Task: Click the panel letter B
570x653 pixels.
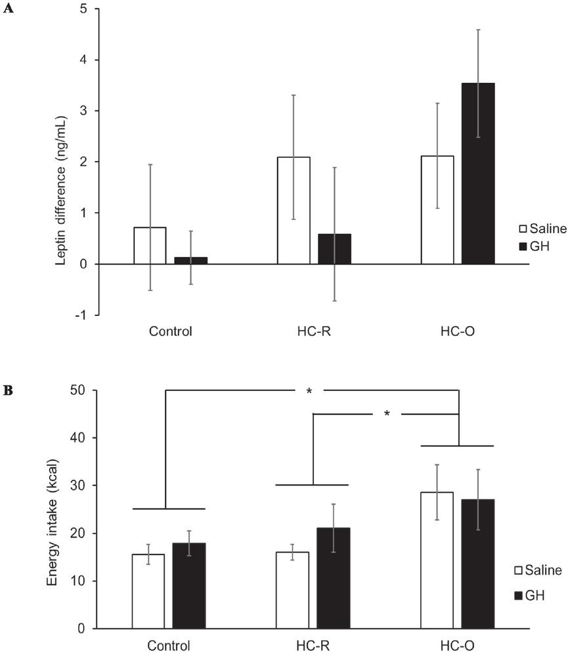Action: coord(7,391)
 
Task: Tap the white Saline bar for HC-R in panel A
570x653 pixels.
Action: coord(294,210)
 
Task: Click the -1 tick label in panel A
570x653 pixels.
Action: coord(83,315)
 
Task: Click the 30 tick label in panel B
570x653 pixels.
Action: coord(83,485)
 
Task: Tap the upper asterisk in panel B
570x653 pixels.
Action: coord(309,392)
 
